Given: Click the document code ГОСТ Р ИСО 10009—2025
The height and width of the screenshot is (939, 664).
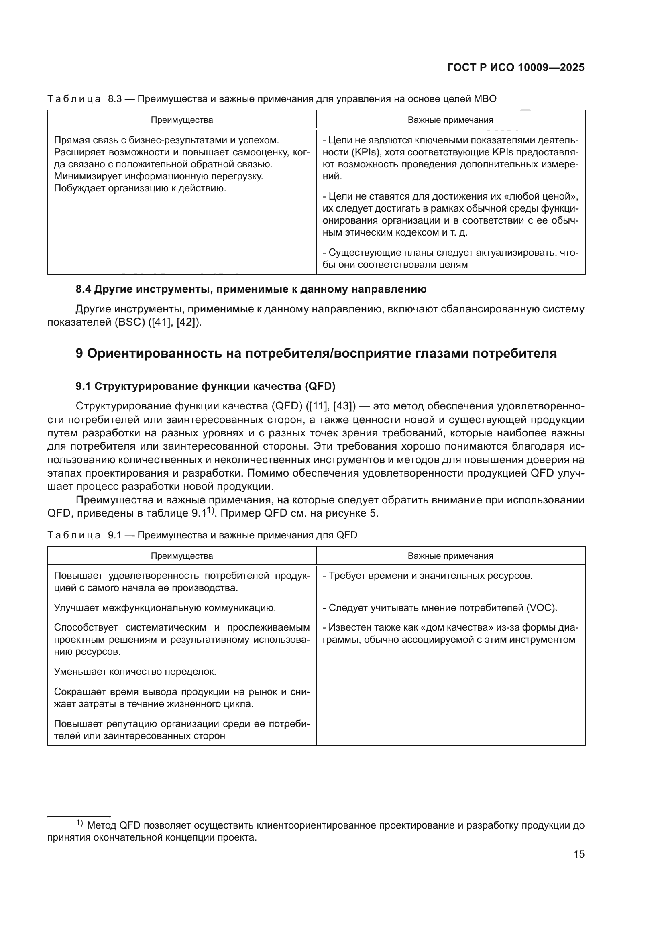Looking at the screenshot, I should [515, 68].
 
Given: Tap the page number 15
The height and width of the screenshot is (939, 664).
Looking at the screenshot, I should [579, 854].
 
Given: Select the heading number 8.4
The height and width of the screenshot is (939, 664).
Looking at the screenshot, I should [84, 289].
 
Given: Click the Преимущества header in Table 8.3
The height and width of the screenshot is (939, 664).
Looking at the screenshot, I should [182, 120].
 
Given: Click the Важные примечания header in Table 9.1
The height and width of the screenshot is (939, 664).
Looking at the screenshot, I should [450, 556].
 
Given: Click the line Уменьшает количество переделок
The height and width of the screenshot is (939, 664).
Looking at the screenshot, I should [135, 672].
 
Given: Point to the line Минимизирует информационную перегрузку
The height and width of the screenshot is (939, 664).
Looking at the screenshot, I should [159, 177].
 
